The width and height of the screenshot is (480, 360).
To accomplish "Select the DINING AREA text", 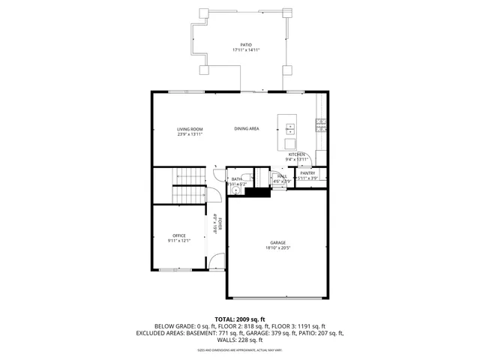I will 246,129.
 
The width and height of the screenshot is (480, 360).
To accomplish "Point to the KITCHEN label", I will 297,154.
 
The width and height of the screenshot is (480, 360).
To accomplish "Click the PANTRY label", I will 308,173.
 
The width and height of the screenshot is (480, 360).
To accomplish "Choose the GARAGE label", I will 278,242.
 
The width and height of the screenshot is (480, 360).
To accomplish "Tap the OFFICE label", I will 178,235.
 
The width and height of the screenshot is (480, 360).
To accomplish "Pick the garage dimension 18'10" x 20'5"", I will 278,247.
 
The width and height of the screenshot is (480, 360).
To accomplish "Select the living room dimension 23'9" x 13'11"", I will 190,134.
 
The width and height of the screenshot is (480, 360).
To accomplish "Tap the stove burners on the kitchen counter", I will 321,124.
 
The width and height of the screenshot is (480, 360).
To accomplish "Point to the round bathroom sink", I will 235,191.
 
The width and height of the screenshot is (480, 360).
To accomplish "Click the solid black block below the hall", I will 259,192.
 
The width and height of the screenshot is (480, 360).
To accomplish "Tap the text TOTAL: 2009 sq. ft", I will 239,319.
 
